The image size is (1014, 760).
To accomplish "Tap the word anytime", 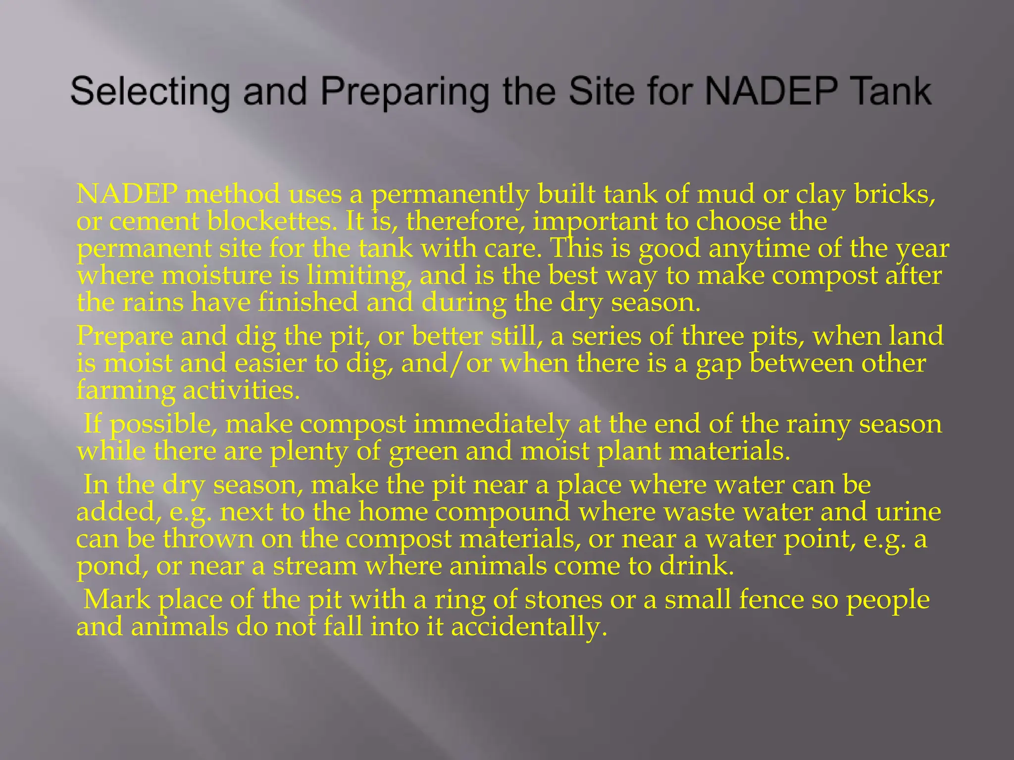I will tap(758, 248).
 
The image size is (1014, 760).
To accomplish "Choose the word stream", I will tap(315, 566).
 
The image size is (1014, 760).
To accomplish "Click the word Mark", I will tap(117, 600).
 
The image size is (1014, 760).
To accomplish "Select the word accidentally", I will tap(529, 627).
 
